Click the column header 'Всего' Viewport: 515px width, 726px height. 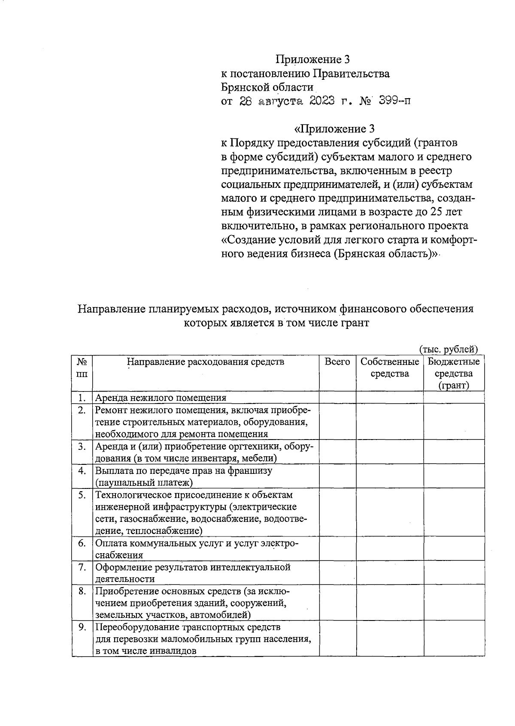(337, 362)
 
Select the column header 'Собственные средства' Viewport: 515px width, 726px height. (390, 368)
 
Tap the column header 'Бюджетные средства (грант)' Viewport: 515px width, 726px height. (454, 373)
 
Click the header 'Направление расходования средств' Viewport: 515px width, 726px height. (206, 362)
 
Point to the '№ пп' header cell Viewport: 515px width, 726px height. (82, 368)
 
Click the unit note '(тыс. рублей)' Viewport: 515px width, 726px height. (448, 349)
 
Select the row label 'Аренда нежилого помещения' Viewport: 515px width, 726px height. (161, 398)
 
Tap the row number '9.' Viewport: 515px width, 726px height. (82, 627)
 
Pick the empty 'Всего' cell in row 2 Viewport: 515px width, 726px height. (337, 422)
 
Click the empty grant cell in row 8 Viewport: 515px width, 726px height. (454, 603)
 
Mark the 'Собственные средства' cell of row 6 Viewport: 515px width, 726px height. (390, 548)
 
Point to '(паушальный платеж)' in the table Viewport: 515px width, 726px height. (144, 483)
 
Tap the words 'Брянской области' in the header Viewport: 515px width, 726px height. (267, 87)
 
